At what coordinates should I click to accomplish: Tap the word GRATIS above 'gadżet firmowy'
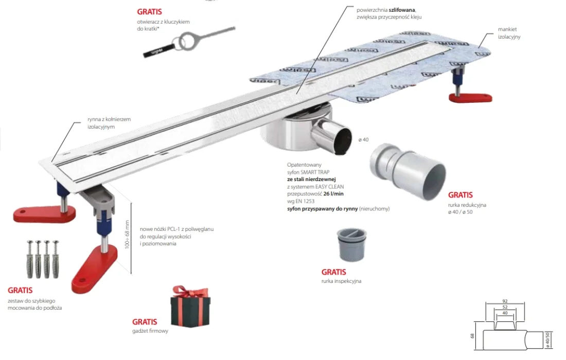click(x=145, y=322)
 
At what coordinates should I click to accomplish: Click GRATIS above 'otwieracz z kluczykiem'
click(x=149, y=11)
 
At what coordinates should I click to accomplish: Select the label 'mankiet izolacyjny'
click(x=510, y=33)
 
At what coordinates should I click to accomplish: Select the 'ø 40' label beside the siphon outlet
click(x=364, y=139)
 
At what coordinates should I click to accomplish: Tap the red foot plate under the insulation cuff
click(x=470, y=97)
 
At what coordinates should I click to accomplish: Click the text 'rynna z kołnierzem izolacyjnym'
click(x=109, y=122)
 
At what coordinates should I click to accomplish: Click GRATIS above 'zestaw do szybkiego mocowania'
click(x=20, y=290)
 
